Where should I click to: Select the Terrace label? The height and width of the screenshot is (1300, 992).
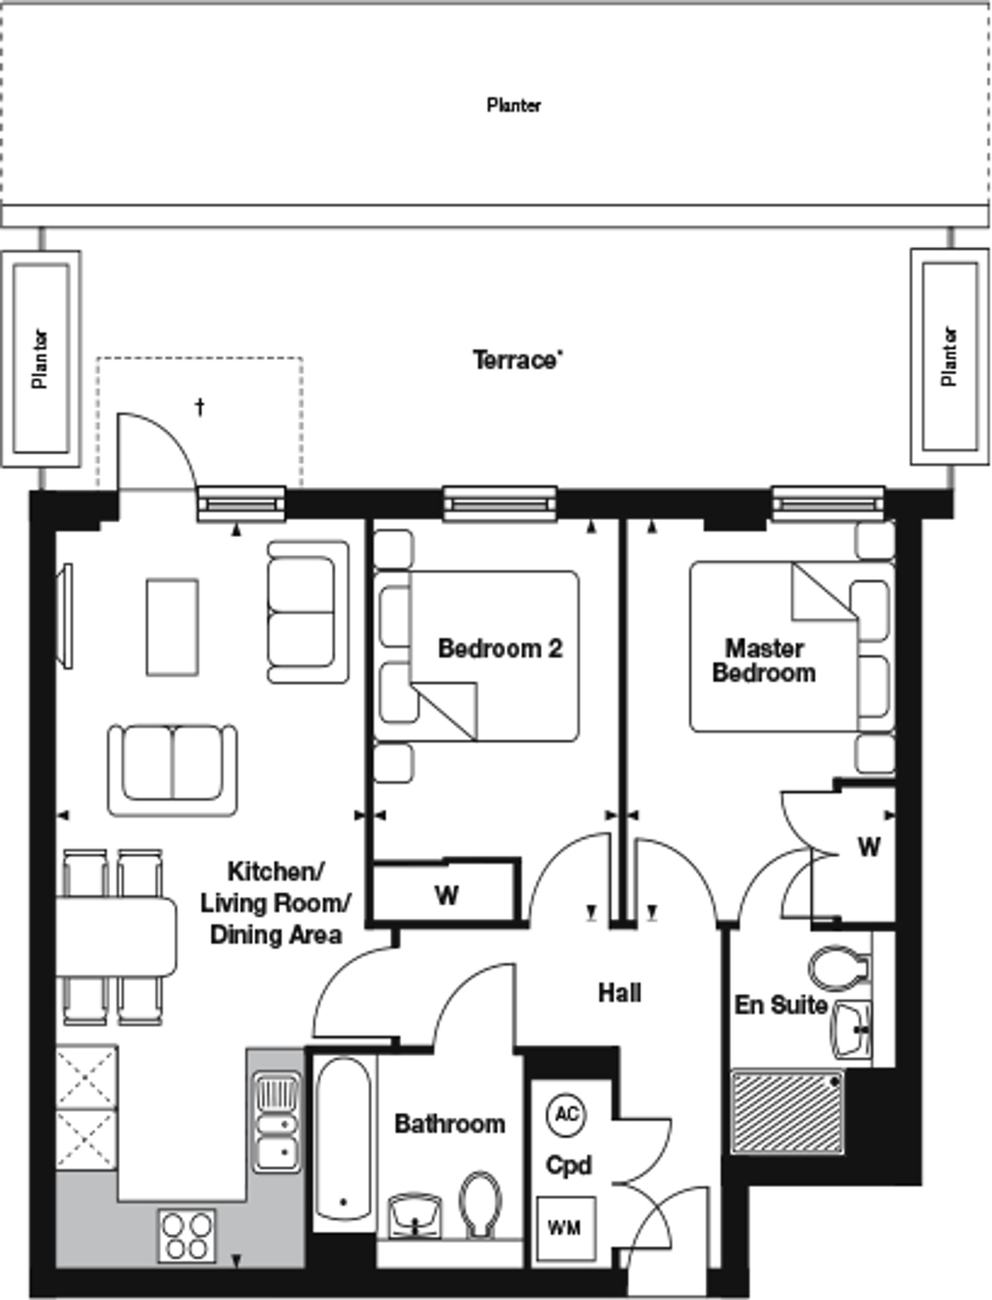click(x=517, y=360)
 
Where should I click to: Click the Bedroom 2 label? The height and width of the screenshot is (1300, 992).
click(x=500, y=648)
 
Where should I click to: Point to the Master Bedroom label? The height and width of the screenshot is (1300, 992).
click(x=764, y=661)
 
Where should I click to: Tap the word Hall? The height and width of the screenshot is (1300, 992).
click(x=620, y=993)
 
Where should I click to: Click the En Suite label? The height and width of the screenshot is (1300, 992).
click(x=781, y=1005)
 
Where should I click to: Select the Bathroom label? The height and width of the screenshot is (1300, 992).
click(x=450, y=1123)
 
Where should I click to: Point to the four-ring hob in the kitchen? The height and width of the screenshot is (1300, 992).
click(x=186, y=1235)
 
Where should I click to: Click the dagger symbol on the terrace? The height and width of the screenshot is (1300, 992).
click(x=200, y=407)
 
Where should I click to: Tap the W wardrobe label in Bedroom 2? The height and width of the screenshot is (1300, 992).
click(x=447, y=896)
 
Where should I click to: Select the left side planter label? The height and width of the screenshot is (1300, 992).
click(x=40, y=359)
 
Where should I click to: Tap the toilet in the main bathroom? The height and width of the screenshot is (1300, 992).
click(x=480, y=1204)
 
